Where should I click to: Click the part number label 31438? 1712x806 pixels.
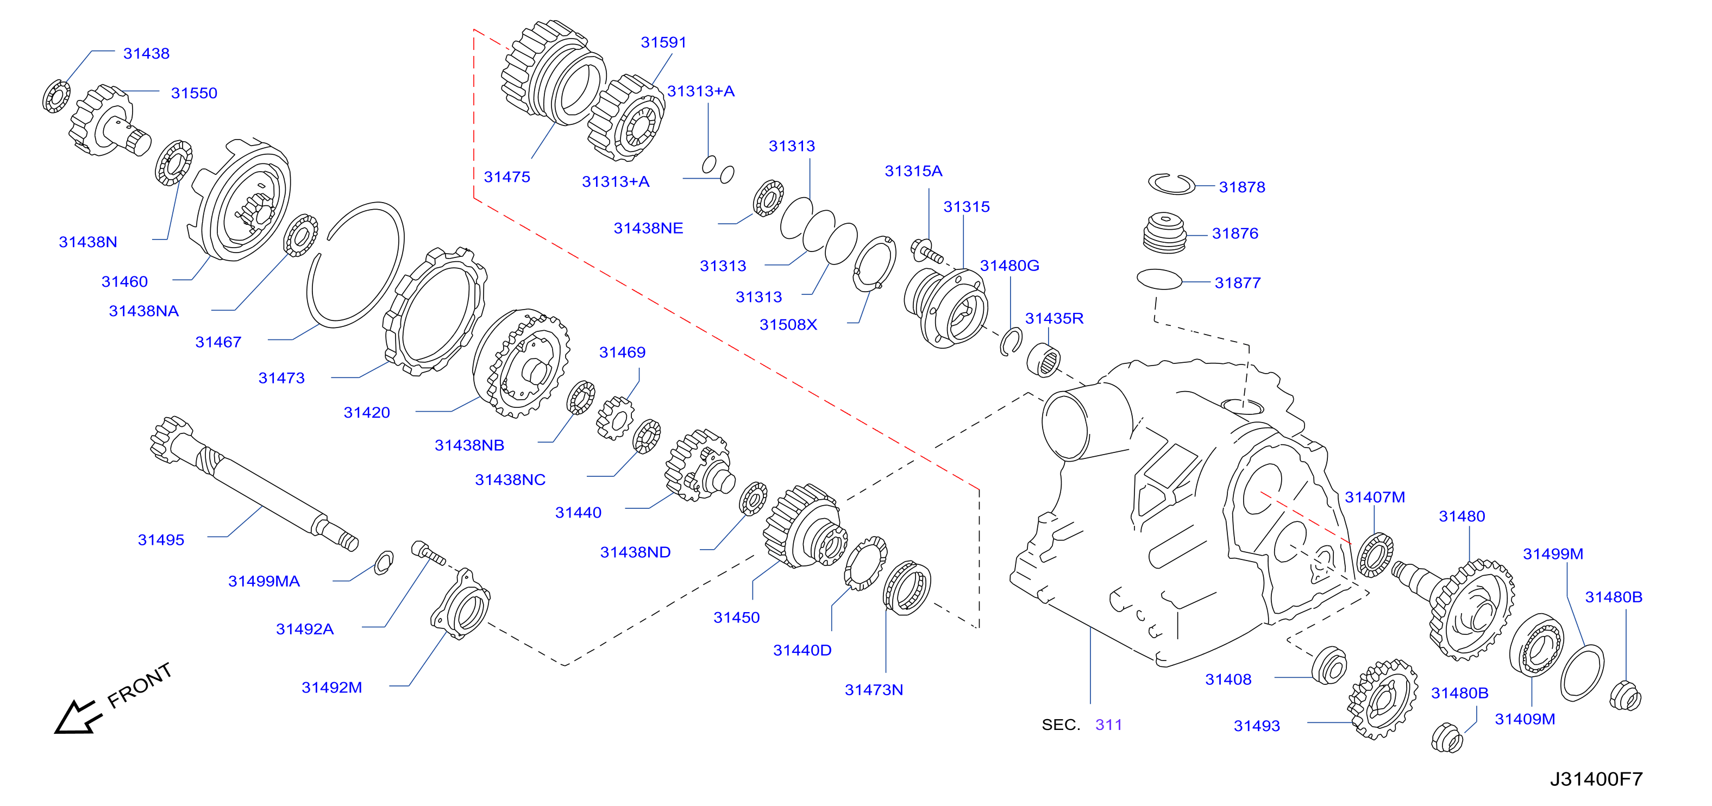click(x=146, y=53)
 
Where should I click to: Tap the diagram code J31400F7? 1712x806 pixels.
click(x=1596, y=779)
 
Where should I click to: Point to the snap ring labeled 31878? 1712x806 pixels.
click(x=1172, y=184)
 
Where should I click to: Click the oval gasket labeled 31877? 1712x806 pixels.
click(x=1160, y=279)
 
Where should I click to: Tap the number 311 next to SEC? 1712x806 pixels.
click(x=1108, y=725)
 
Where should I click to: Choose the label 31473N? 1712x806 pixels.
click(x=873, y=690)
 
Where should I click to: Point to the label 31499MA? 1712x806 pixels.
click(x=264, y=581)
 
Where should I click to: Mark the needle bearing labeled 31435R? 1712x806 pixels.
click(x=1043, y=360)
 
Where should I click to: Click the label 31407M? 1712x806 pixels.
click(x=1375, y=497)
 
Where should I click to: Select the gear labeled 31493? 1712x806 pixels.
click(x=1382, y=700)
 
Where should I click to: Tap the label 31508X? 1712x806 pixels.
click(x=788, y=324)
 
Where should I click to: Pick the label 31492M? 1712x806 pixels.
click(x=331, y=687)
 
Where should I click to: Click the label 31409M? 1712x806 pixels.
click(x=1525, y=719)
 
